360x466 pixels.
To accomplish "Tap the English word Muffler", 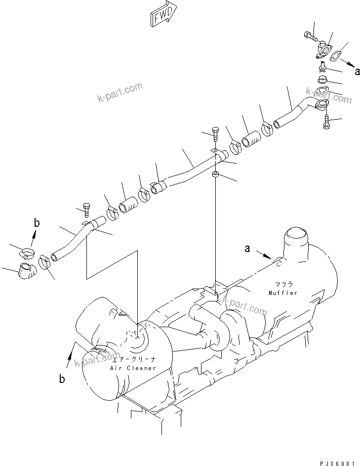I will (x=283, y=293).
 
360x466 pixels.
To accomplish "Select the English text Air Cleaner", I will (x=134, y=368).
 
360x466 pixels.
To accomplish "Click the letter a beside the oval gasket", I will (x=357, y=71).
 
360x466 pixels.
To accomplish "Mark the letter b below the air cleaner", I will (x=62, y=380).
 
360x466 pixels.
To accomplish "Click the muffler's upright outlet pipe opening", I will (x=295, y=233).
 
